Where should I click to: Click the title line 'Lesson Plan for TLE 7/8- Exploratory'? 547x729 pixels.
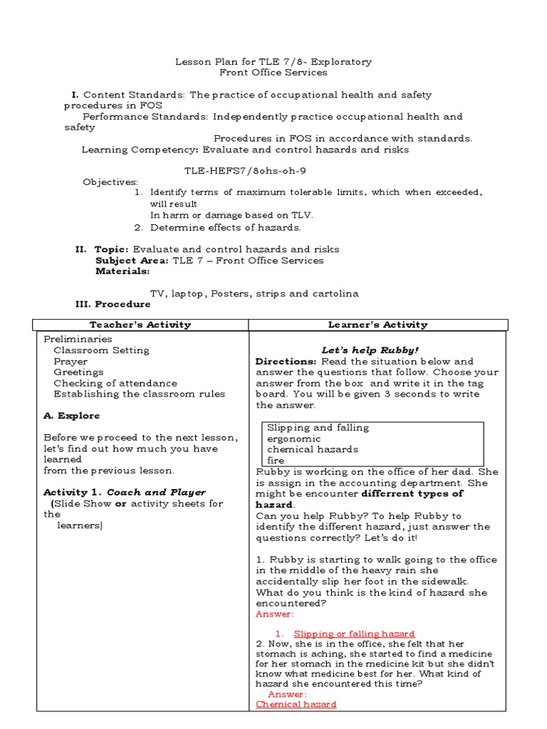tap(273, 62)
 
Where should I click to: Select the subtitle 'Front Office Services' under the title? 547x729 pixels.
tap(273, 73)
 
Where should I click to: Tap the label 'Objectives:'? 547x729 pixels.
tap(110, 182)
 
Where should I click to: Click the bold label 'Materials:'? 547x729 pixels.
tap(123, 271)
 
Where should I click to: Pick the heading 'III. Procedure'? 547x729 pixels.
tap(113, 304)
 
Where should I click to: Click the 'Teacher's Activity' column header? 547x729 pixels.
tap(140, 325)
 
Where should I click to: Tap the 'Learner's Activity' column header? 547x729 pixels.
tap(377, 325)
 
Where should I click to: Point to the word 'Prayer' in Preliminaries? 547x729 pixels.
tap(71, 362)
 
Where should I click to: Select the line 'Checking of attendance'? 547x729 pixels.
tap(115, 383)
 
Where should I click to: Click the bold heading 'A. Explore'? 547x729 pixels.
tap(72, 416)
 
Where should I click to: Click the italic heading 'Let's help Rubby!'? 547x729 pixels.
tap(370, 350)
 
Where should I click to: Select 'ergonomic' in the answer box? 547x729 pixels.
tap(293, 439)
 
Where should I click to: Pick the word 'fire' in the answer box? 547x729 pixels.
tap(276, 461)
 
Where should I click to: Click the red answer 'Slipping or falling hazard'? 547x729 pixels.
tap(354, 634)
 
